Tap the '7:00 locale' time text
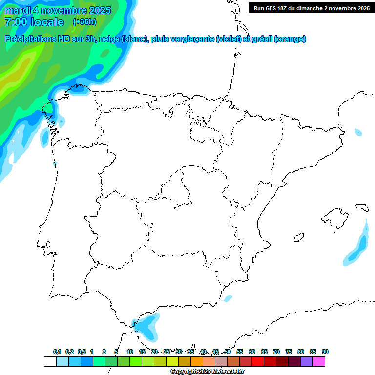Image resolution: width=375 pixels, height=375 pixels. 34,22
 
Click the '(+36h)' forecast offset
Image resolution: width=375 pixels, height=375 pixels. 84,21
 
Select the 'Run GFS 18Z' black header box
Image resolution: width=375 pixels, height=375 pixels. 312,8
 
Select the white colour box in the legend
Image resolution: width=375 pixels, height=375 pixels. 50,361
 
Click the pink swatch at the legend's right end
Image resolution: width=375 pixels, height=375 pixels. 319,361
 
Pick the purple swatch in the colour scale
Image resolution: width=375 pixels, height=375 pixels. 307,361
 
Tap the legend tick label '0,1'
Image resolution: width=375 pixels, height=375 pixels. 57,352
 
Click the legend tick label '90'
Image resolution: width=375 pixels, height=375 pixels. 325,352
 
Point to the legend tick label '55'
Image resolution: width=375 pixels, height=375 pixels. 240,352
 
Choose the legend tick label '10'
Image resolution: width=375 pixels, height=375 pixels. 130,352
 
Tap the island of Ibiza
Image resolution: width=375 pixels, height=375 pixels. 298,238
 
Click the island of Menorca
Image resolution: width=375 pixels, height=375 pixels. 362,207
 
